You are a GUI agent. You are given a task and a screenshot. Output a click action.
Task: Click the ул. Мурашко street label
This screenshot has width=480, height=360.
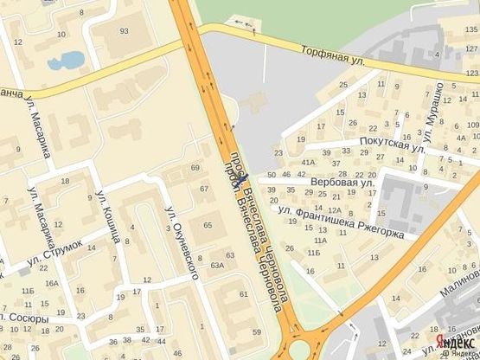coord(433,110)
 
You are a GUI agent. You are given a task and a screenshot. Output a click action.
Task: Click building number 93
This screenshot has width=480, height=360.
coord(125,31)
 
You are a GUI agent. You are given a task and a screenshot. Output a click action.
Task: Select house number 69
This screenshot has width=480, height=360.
coord(195,167)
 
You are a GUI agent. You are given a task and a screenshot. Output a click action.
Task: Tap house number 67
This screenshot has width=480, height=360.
coord(204,189)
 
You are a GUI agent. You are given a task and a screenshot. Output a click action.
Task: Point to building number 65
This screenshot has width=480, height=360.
coord(208,225)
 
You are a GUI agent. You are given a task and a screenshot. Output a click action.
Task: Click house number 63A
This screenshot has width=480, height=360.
coord(217,267)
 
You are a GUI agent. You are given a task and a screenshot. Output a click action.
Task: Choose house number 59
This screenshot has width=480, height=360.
coord(256,331)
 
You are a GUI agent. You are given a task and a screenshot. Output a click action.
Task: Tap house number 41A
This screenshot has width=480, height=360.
coord(307,162)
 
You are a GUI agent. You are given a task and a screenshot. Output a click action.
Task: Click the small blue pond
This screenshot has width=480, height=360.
coord(67,61)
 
